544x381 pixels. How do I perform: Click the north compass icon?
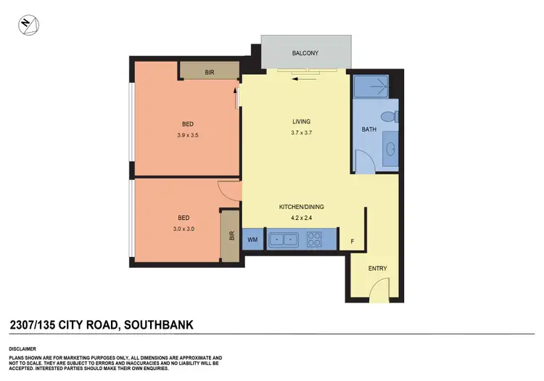(30, 26)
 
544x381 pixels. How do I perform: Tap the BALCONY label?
(305, 53)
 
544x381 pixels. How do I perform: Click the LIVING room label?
(302, 122)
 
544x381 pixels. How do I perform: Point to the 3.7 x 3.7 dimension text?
(302, 133)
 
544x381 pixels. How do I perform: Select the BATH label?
(369, 130)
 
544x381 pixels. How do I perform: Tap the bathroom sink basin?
(390, 149)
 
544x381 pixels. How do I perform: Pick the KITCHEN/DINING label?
(302, 207)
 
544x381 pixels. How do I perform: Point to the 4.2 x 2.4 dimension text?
(302, 216)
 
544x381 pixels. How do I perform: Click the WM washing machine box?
(252, 239)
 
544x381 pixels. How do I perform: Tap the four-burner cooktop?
(315, 239)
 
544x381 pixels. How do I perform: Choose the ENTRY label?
(378, 269)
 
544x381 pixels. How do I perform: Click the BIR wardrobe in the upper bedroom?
(210, 72)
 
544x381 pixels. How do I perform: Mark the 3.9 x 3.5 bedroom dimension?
(187, 135)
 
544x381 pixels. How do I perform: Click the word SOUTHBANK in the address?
(158, 324)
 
